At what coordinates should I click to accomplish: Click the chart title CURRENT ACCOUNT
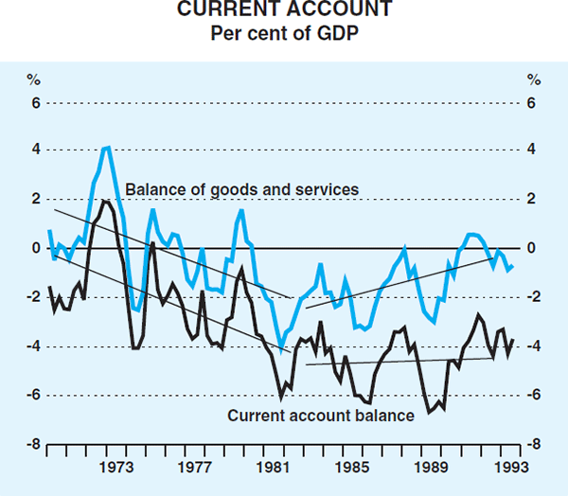point(283,12)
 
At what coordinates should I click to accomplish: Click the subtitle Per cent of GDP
point(283,34)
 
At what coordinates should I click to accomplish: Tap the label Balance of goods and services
point(242,189)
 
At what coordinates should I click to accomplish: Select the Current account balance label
point(321,416)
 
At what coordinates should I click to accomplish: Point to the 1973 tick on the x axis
point(116,467)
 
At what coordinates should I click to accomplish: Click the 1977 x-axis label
point(195,467)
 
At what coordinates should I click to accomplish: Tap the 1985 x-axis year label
point(352,467)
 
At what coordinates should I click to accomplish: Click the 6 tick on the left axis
point(34,102)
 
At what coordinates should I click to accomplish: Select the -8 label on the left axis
point(31,443)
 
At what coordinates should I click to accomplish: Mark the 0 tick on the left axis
point(34,248)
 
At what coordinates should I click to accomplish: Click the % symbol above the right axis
point(534,79)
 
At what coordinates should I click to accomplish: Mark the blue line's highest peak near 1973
point(107,147)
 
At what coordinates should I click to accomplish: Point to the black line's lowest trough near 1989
point(430,412)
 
